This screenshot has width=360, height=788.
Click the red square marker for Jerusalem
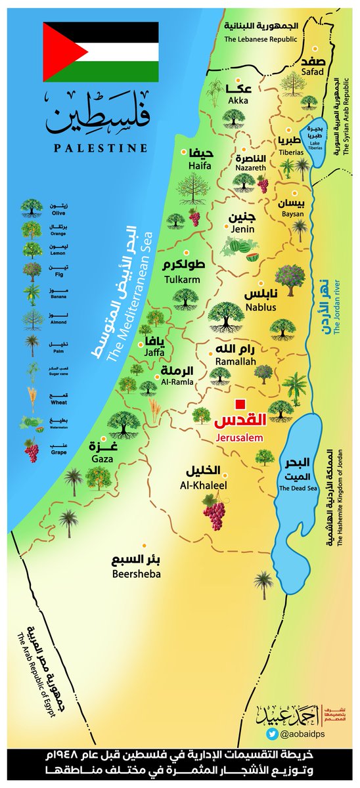(x=241, y=403)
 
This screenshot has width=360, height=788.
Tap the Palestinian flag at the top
(x=101, y=51)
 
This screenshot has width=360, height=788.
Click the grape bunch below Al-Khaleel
(x=214, y=512)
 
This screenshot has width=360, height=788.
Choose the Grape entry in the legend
(x=32, y=450)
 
